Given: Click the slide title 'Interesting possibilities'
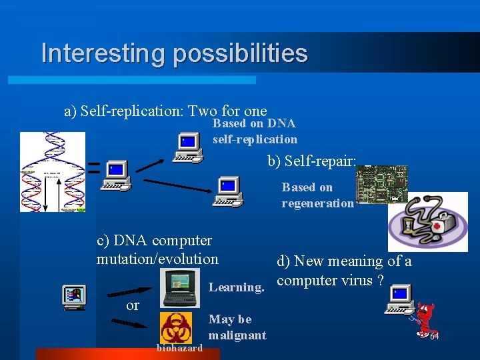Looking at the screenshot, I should coord(174,53).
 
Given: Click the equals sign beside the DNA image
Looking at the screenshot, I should coord(94,168).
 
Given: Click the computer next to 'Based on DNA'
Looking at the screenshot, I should coord(188,147).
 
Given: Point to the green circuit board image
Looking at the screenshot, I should coord(381,185).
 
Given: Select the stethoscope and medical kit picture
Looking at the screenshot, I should coord(428,221).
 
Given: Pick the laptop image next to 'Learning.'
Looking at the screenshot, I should coord(179,288).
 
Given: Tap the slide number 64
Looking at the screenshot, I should coord(433,337).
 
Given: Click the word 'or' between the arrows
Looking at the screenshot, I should coord(133,306).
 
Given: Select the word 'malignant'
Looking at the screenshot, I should coord(237,335).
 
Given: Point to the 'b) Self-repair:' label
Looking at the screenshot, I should coord(312,161).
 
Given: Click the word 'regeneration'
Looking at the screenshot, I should coord(317,203).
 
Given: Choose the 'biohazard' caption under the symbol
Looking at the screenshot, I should coord(179,348).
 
